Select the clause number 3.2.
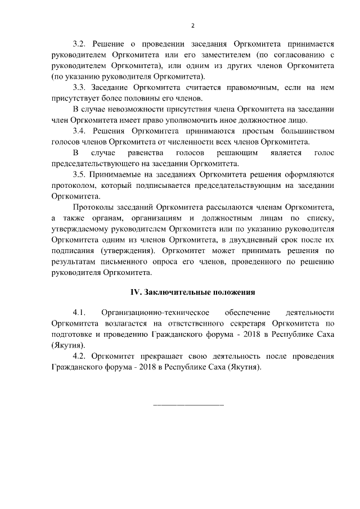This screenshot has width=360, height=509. [81, 43]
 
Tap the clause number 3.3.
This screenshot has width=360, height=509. [81, 88]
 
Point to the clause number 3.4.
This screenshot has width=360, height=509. [81, 131]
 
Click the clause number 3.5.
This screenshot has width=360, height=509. [81, 175]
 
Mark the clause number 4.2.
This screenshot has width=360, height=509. [81, 357]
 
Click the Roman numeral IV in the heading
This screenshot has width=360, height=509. [135, 292]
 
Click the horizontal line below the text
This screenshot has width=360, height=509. [188, 405]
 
